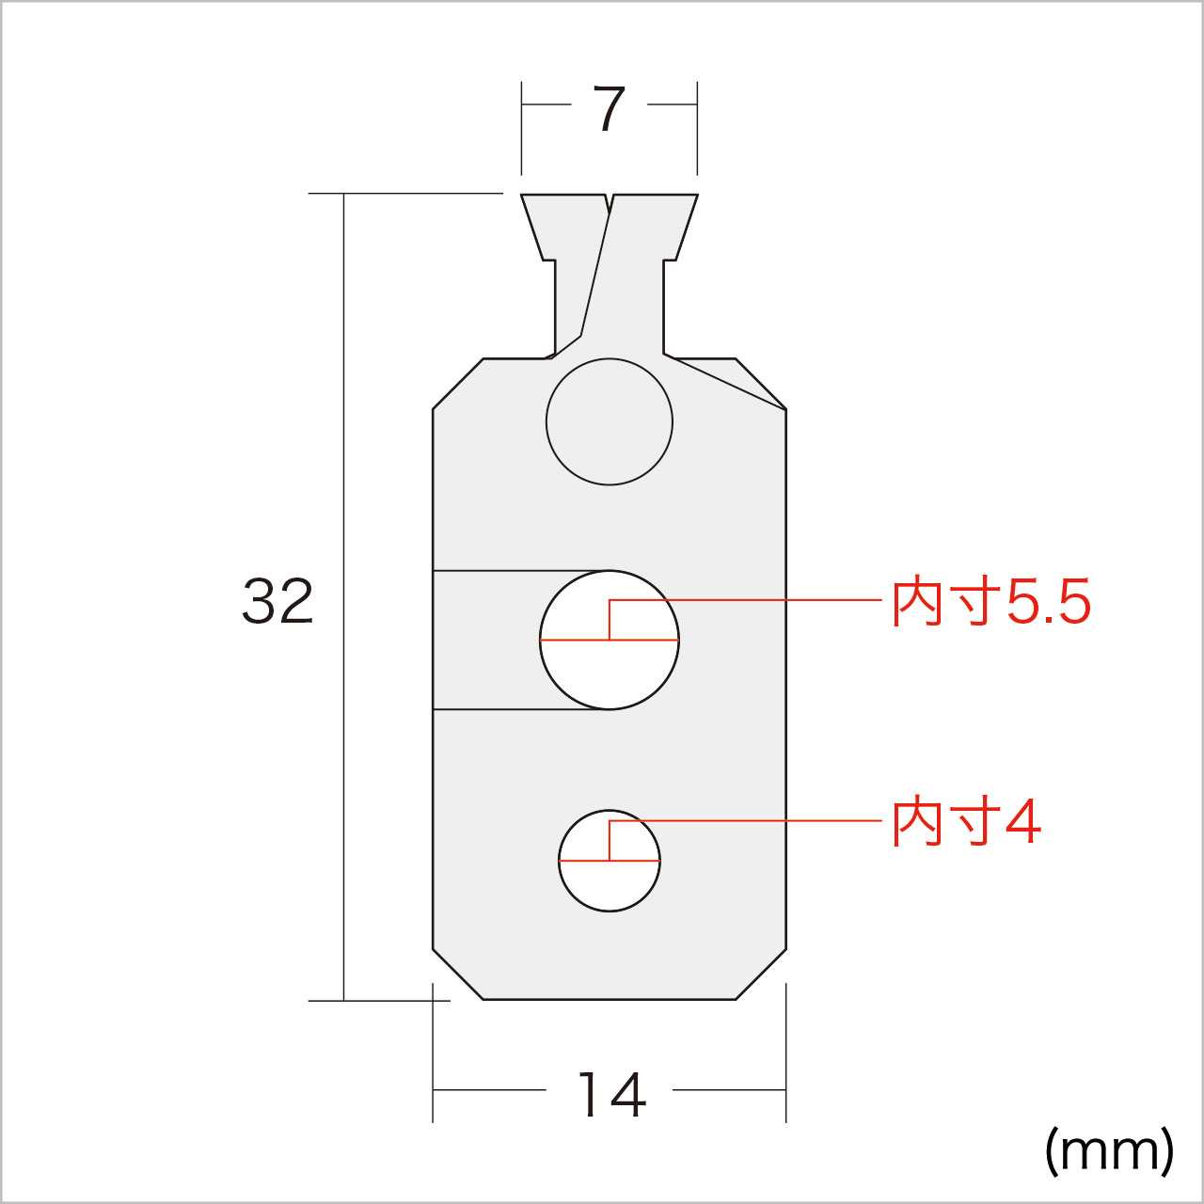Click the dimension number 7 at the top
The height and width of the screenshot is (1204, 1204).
click(609, 109)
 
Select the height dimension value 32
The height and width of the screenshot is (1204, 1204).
click(277, 602)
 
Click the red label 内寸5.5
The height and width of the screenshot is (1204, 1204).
click(990, 602)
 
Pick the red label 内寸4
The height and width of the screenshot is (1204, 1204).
click(966, 823)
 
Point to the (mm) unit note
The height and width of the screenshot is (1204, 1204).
click(1109, 1162)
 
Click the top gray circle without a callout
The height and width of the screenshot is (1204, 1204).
click(610, 421)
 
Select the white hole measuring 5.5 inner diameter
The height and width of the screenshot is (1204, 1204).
click(610, 641)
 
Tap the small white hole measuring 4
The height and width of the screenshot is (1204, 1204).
click(610, 861)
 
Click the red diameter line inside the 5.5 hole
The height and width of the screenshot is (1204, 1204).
click(610, 641)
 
